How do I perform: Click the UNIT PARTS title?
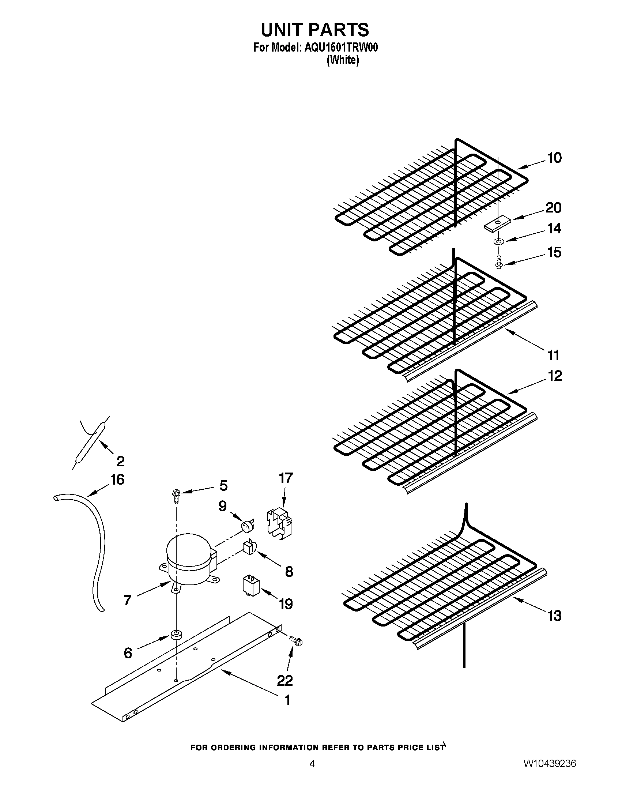(x=314, y=30)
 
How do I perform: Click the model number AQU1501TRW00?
(x=341, y=48)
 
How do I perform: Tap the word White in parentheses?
(x=343, y=60)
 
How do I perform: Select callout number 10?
(x=554, y=158)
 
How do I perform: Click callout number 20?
(x=553, y=208)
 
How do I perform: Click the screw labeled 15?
(x=499, y=262)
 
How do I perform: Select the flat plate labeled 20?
(x=496, y=225)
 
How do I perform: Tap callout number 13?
(x=554, y=616)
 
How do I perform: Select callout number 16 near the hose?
(x=117, y=479)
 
